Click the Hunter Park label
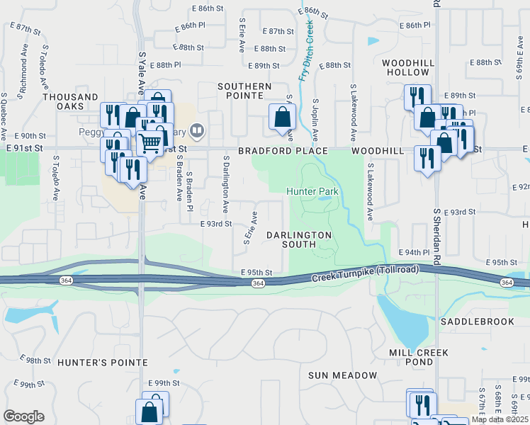[x=312, y=191]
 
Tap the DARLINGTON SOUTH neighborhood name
[x=299, y=239]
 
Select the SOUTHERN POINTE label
[x=244, y=91]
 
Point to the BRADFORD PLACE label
[x=283, y=151]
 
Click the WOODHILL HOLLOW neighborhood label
[x=408, y=68]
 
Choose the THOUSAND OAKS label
[x=70, y=101]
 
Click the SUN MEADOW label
[x=343, y=375]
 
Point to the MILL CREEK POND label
[x=411, y=357]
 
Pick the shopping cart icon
[x=150, y=144]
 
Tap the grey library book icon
[x=197, y=130]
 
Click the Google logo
[x=23, y=416]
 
